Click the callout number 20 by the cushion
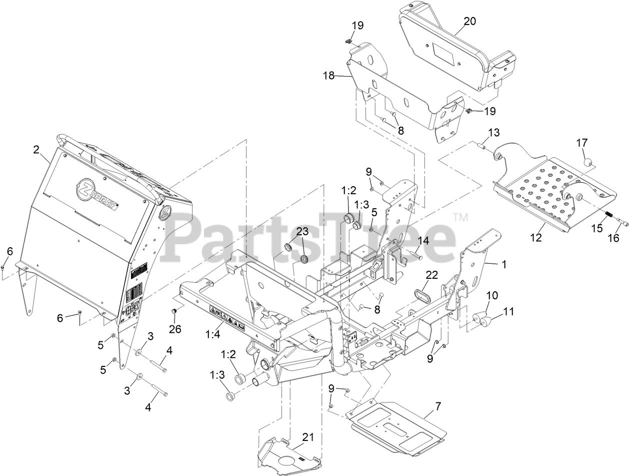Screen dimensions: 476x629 pyautogui.click(x=469, y=21)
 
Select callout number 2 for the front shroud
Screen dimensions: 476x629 pyautogui.click(x=36, y=149)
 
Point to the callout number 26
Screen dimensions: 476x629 pyautogui.click(x=175, y=329)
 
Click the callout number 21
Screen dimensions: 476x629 pyautogui.click(x=307, y=437)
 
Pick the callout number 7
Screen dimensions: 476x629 pyautogui.click(x=438, y=406)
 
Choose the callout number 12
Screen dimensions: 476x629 pyautogui.click(x=536, y=238)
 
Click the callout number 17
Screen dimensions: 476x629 pyautogui.click(x=581, y=143)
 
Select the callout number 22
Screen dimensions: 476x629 pyautogui.click(x=431, y=274)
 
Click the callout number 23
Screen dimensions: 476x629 pyautogui.click(x=302, y=231)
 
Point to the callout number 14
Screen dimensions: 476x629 pyautogui.click(x=423, y=240)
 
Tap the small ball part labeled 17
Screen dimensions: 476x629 pyautogui.click(x=587, y=162)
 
